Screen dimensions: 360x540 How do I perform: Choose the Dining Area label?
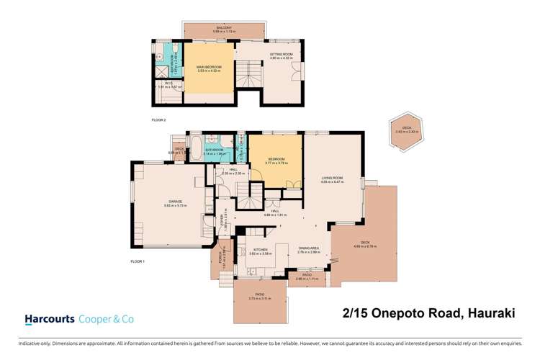tap(307, 251)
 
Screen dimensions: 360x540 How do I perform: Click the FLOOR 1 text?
tap(138, 261)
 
